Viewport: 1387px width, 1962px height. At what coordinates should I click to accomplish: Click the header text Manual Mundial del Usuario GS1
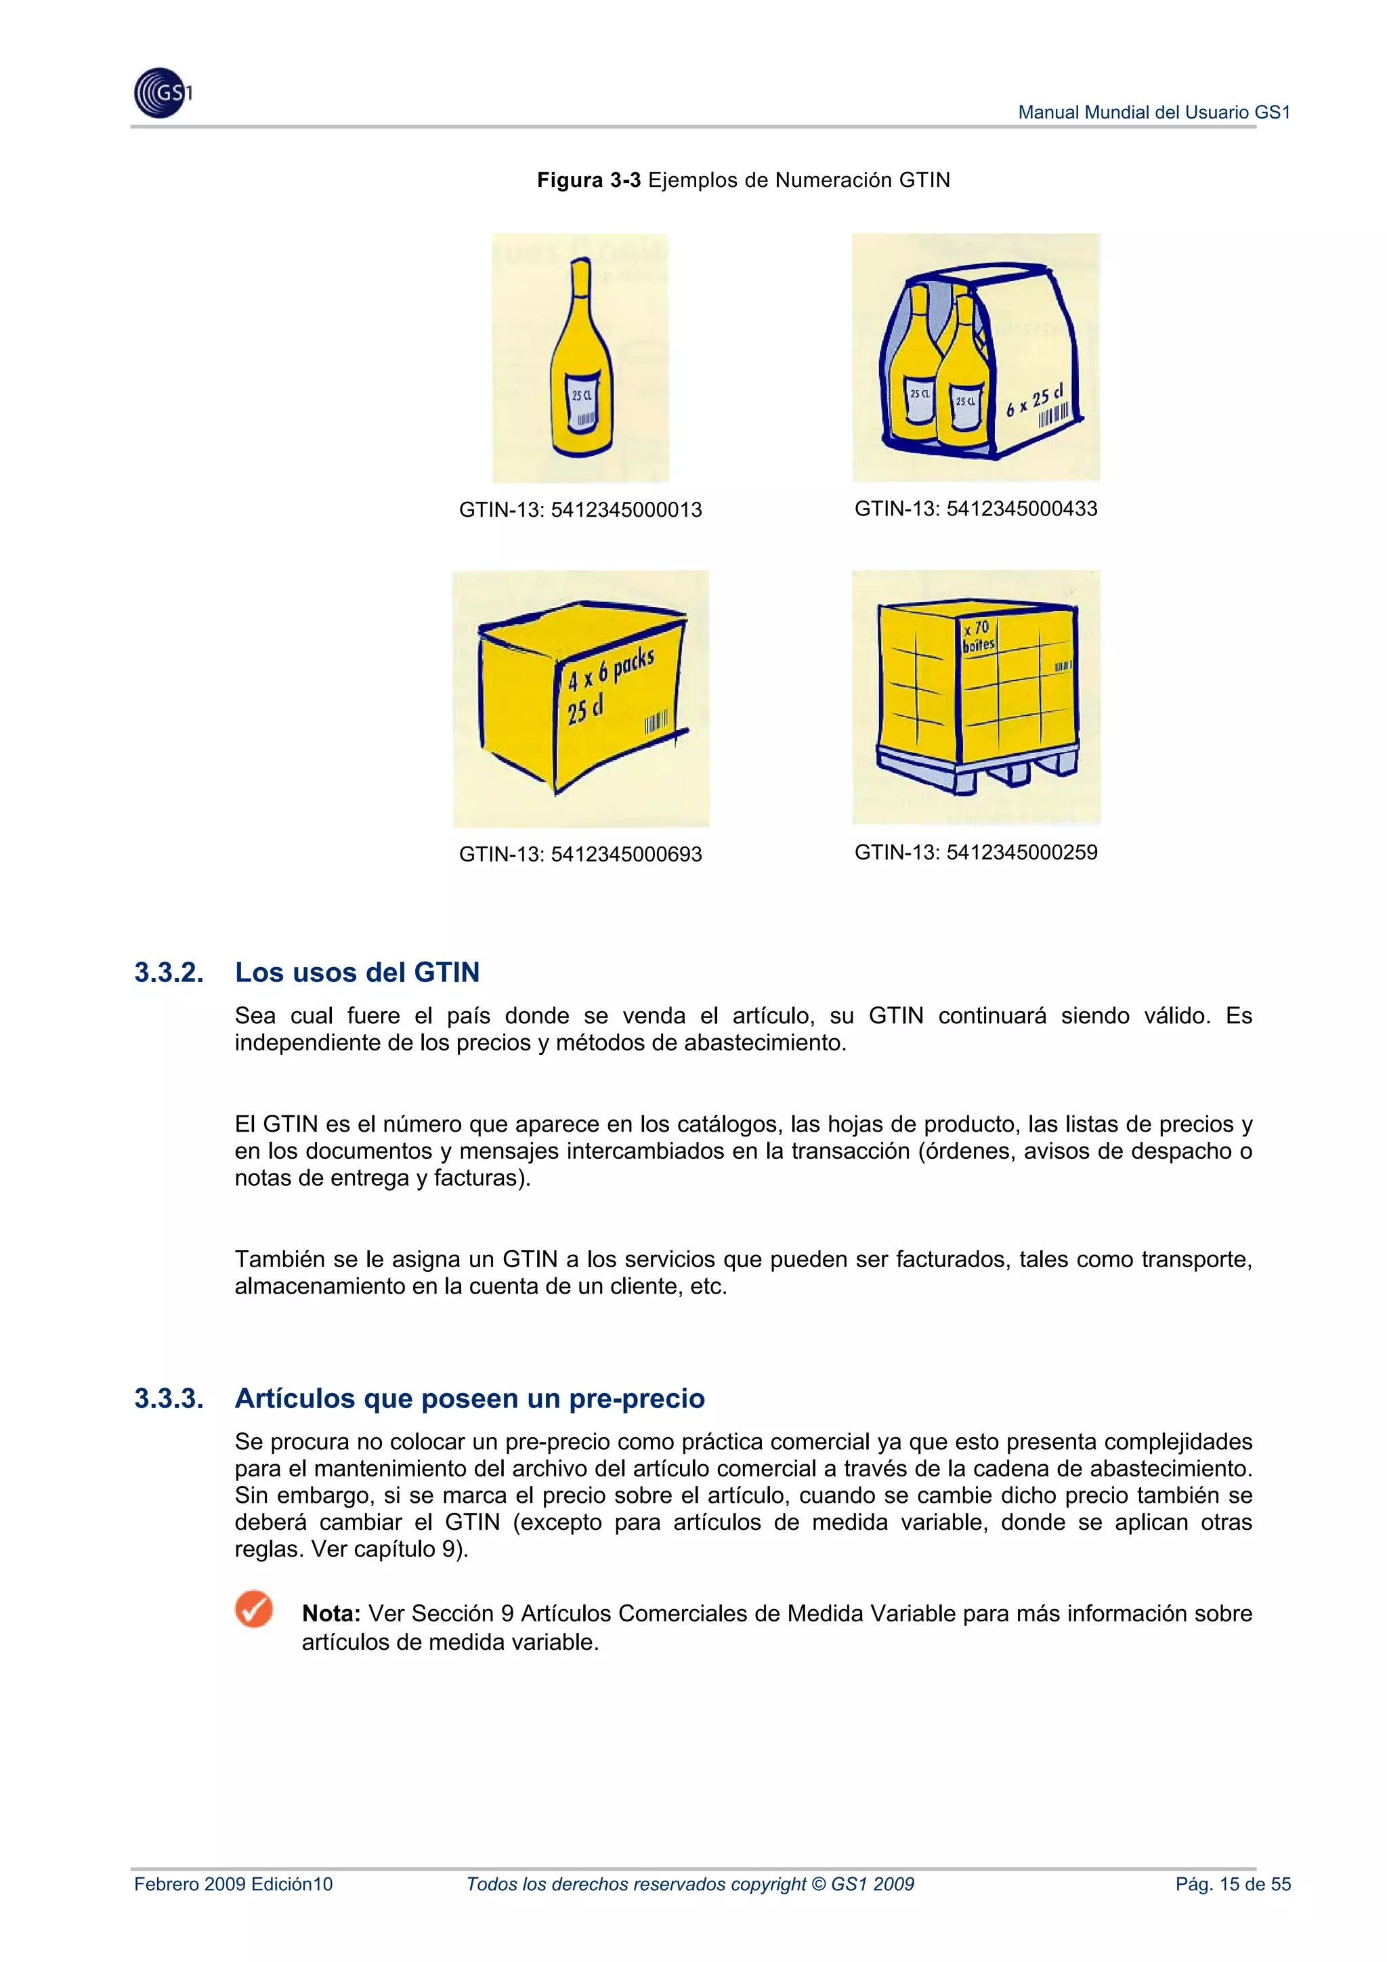point(1154,112)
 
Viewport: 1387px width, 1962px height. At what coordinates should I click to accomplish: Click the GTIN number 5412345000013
point(626,510)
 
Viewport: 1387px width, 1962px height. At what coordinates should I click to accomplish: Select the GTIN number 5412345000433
point(1021,509)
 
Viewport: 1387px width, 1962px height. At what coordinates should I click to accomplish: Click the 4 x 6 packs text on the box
point(611,670)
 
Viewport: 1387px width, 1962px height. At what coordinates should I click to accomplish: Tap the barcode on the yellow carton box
point(656,722)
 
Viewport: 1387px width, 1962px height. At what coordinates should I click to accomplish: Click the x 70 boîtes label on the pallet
point(978,637)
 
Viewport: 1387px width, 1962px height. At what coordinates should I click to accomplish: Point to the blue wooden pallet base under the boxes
point(975,769)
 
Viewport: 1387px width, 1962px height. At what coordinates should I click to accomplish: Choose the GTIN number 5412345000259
point(1021,853)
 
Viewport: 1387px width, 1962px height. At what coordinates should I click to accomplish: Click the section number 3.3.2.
point(169,973)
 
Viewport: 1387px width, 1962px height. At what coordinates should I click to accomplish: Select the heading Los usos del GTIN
point(357,973)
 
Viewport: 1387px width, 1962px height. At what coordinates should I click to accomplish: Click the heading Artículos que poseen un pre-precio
point(470,1399)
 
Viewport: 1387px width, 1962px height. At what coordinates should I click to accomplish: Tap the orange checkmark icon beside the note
point(254,1609)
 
